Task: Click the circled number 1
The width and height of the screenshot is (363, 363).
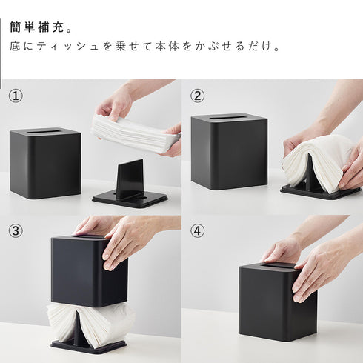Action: click(x=16, y=96)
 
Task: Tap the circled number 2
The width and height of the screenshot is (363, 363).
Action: click(x=198, y=96)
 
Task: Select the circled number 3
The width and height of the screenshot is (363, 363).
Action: click(x=16, y=231)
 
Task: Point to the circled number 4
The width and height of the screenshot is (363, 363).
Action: click(x=198, y=231)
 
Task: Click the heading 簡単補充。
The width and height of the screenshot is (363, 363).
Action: click(x=41, y=27)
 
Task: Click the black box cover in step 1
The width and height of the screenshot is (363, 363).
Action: click(x=45, y=163)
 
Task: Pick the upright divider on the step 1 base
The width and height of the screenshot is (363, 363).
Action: click(x=130, y=179)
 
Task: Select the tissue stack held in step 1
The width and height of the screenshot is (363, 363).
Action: click(x=135, y=133)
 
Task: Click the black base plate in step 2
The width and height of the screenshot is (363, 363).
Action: click(x=321, y=193)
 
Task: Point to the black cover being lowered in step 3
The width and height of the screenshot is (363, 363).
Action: click(x=90, y=271)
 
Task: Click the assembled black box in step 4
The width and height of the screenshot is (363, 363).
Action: click(x=278, y=302)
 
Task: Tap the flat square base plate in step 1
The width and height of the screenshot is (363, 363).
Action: click(x=130, y=199)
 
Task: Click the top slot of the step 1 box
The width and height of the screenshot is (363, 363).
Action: click(x=44, y=131)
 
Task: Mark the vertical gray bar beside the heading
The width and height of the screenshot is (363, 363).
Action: click(x=1, y=53)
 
